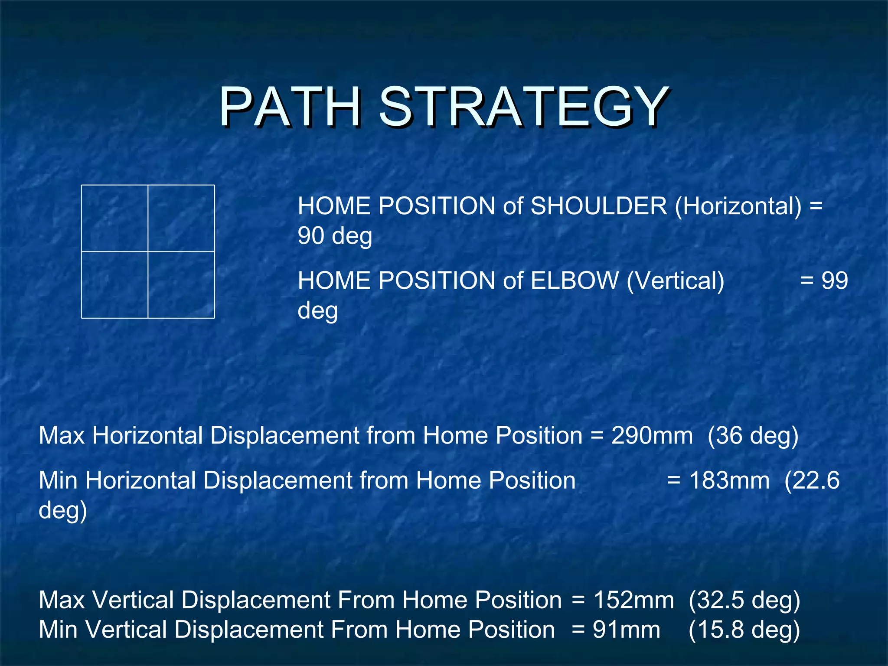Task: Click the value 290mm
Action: pos(652,435)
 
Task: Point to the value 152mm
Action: pos(633,600)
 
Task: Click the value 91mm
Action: pos(626,630)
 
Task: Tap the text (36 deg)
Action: pos(753,435)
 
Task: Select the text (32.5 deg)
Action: pos(744,600)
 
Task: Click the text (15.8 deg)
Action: pos(744,630)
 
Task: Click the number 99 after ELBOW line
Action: pos(835,281)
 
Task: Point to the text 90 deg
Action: pos(335,236)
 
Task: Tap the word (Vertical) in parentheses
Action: pos(675,281)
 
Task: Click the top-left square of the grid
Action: pos(114,218)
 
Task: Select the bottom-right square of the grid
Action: pos(181,285)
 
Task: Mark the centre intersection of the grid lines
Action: pos(148,251)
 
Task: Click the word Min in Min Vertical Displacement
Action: pos(59,630)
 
